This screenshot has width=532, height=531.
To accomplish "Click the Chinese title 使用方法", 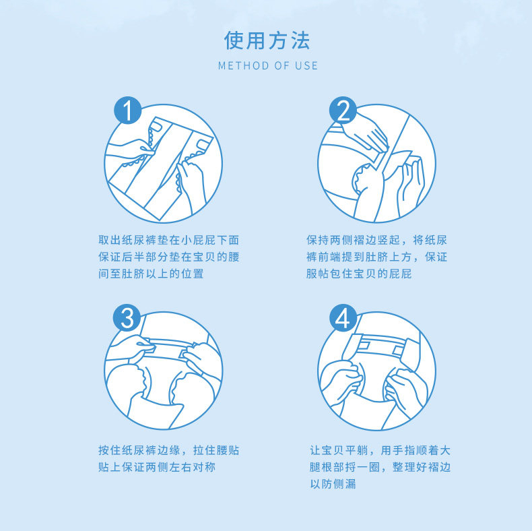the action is coord(267,40).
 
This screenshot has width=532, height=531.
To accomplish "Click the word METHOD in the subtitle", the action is coord(244,65).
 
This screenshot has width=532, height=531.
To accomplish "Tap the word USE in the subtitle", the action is coord(306,65).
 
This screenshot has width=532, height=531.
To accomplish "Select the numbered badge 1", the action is coord(127,111).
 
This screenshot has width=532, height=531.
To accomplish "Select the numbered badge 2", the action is coord(343,111).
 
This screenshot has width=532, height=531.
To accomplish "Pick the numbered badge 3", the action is coord(127,318).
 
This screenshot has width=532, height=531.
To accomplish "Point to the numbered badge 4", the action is coord(343,318).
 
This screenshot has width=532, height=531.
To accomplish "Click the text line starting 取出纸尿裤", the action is coord(169,240).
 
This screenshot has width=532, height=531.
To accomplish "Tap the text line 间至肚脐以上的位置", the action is coord(151,274).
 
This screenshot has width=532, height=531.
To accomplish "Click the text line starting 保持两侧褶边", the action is coord(376,240).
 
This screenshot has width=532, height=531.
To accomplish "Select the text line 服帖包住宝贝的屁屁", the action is coord(359,274).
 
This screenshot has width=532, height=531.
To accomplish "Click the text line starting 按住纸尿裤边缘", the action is coord(169,450).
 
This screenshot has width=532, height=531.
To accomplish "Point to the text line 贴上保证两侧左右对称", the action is coord(157,467).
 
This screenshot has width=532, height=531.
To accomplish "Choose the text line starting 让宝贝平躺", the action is coord(380,450).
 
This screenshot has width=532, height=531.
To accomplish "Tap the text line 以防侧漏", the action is coord(333,483).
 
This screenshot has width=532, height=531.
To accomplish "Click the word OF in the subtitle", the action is coord(282,65).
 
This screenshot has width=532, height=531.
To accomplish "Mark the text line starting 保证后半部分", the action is coord(169,257).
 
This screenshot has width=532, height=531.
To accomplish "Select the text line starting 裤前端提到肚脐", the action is coord(376,257).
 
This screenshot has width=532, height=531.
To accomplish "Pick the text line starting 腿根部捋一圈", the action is coord(380,467).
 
